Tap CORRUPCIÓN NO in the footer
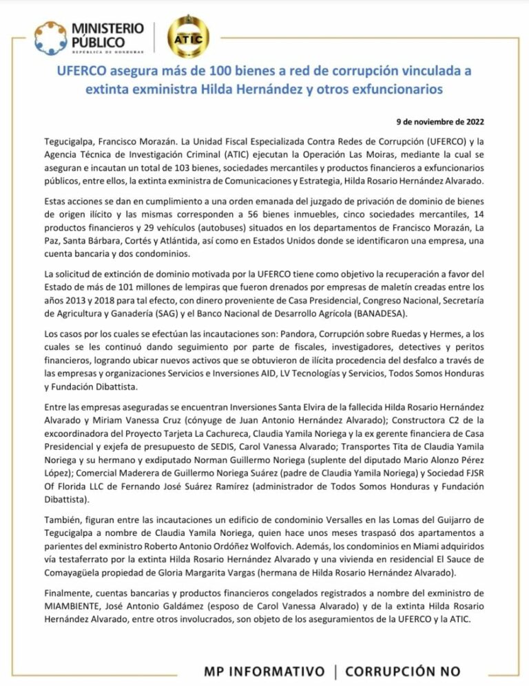404,671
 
